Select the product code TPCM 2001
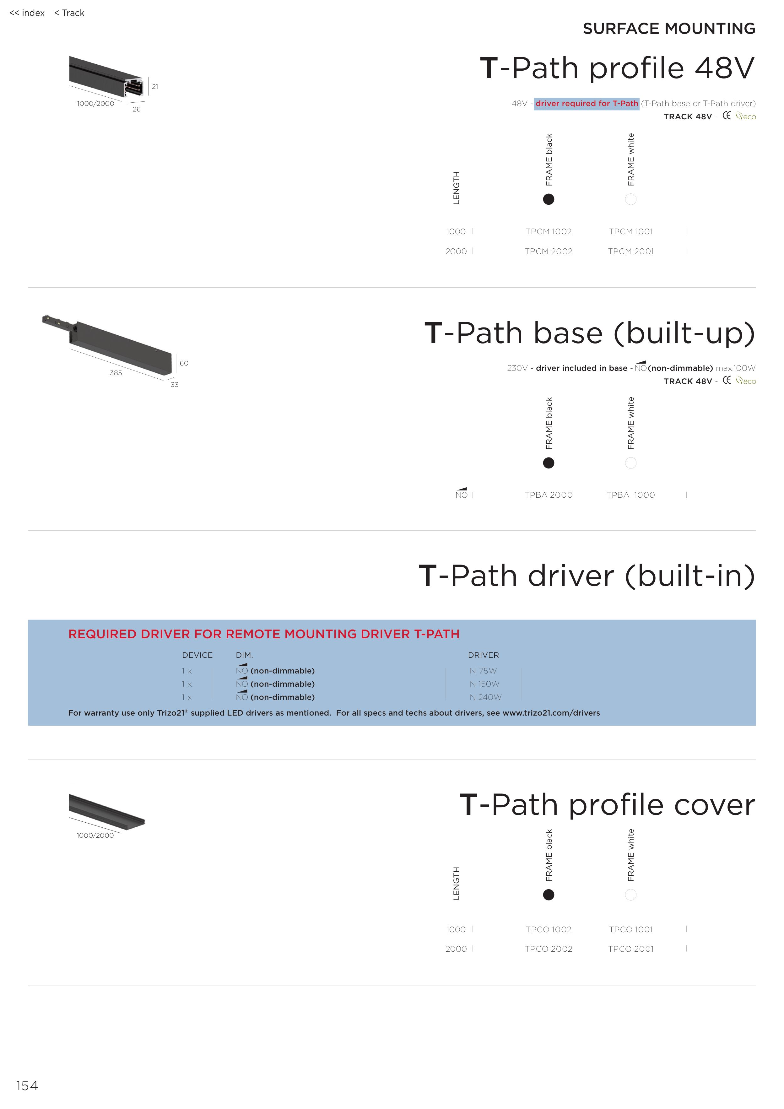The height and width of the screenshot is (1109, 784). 630,252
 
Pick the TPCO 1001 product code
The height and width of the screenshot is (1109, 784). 630,929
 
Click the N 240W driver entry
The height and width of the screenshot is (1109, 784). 485,697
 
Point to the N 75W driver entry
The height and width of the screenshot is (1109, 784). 483,671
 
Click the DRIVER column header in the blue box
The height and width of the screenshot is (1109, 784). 483,656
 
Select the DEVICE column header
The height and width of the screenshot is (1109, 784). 197,656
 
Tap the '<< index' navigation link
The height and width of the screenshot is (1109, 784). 27,13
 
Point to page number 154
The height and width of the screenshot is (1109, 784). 27,1086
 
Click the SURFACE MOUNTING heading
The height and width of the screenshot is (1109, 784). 669,29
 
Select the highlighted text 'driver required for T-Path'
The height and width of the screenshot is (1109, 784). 587,103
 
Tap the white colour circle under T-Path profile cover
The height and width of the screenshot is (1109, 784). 630,895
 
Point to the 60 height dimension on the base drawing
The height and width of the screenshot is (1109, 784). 184,363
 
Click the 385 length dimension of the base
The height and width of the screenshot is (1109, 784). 116,373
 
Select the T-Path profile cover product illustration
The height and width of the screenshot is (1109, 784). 106,811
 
